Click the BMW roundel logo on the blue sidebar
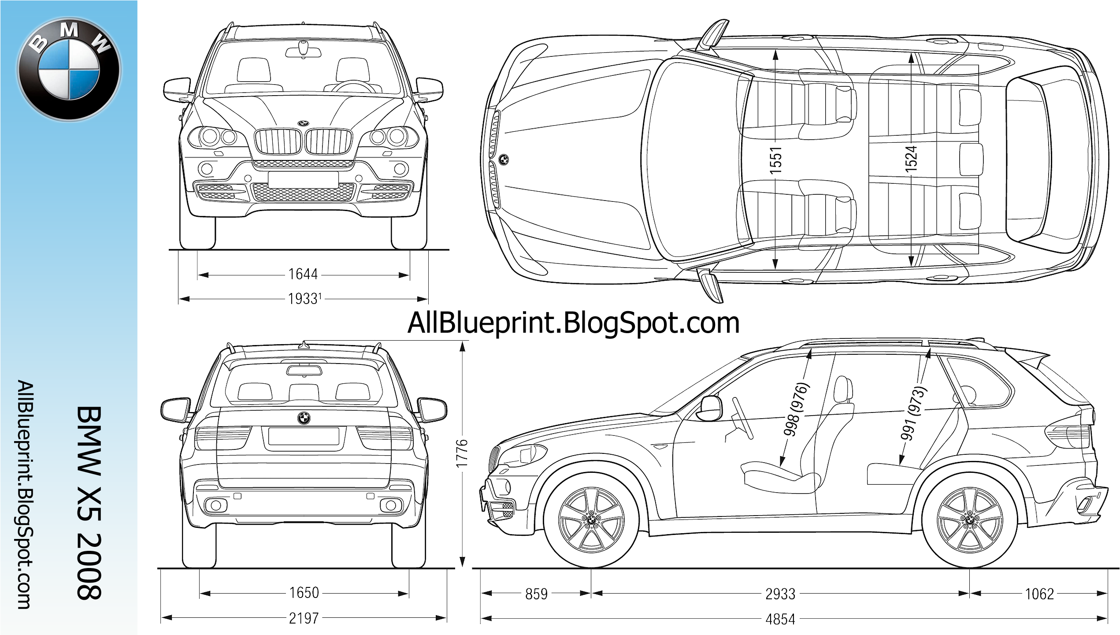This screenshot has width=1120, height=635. point(69,70)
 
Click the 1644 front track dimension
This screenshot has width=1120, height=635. point(303,275)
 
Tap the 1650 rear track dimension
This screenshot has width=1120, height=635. point(304,592)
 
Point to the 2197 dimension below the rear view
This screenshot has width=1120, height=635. point(304,618)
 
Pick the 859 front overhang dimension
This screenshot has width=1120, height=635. point(537,594)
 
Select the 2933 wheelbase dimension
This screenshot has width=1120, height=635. point(780,594)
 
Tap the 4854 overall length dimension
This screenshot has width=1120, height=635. point(780,620)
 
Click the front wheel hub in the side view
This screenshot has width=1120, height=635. point(591,521)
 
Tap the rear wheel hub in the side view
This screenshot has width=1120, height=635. point(970,520)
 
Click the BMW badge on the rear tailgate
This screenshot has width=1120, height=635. point(304,418)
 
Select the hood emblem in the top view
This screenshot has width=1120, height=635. point(504,160)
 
